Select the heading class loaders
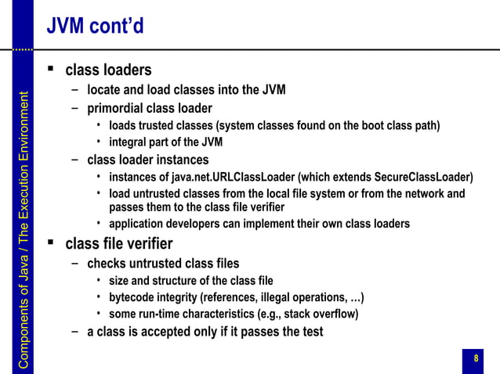pos(108,71)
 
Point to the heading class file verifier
pos(118,243)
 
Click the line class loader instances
pos(147,160)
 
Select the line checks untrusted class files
pos(163,263)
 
